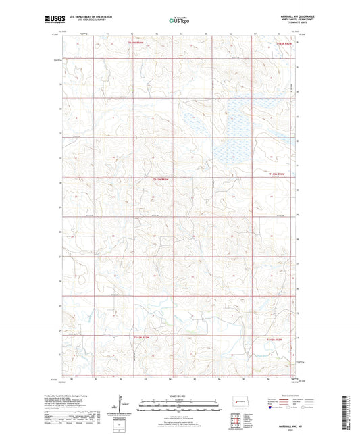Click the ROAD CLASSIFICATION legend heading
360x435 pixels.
coord(288,396)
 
